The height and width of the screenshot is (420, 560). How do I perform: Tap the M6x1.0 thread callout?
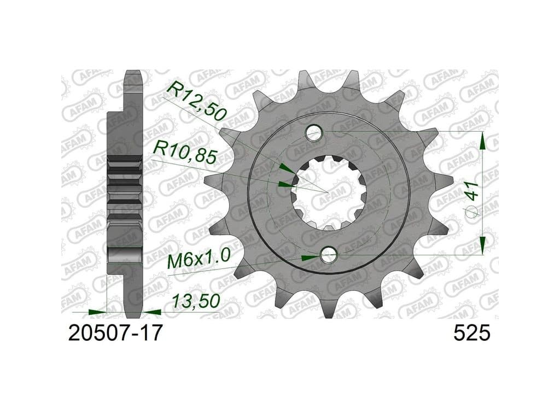(x=199, y=260)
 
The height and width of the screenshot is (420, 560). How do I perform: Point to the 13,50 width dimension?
(x=195, y=302)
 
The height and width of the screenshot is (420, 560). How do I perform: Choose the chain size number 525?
(x=472, y=334)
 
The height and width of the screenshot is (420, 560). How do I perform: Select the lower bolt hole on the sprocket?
(x=329, y=255)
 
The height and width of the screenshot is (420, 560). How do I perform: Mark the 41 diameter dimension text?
(x=472, y=191)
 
